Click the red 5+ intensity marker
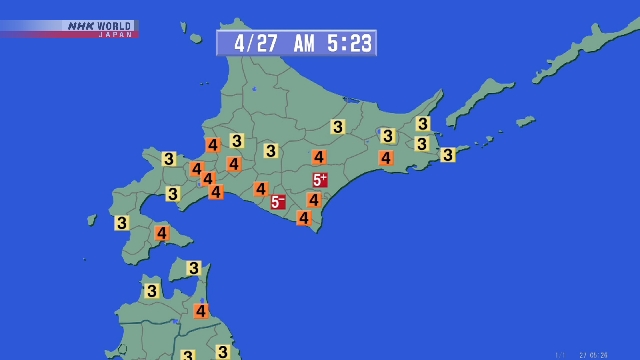point(320,180)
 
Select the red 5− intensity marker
point(278,202)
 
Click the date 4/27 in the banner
point(253,43)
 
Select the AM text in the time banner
point(304,43)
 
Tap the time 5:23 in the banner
point(348,43)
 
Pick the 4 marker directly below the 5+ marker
point(314,200)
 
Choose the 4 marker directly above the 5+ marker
point(319,157)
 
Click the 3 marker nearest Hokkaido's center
point(271,151)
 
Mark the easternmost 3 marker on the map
point(448,154)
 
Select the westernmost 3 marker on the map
point(122,223)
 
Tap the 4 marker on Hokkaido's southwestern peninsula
point(161,233)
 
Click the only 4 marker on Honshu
point(201,311)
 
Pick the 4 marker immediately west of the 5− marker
point(261,189)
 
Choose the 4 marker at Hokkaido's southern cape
point(304,218)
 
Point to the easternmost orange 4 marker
point(386,158)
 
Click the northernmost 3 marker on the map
point(423,124)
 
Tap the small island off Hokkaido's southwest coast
point(92,219)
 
